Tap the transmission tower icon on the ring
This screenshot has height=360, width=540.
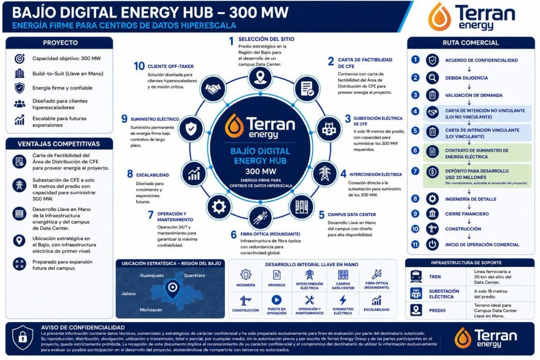click(x=324, y=173)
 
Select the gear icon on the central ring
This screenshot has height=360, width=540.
click(x=219, y=207)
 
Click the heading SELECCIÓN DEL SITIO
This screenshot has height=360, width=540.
click(x=266, y=39)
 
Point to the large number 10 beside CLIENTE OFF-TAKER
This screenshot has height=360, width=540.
click(x=139, y=66)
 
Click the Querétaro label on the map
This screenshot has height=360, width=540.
click(x=194, y=275)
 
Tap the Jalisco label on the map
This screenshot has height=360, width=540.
click(x=128, y=294)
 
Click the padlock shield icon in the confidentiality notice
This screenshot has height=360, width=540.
click(x=23, y=338)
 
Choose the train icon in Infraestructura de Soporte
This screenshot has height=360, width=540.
click(x=416, y=276)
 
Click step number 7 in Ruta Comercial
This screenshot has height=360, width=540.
click(x=415, y=171)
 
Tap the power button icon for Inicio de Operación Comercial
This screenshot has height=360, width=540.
click(x=432, y=245)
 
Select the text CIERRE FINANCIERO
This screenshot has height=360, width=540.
click(x=467, y=214)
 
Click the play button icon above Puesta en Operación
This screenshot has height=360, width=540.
click(x=277, y=300)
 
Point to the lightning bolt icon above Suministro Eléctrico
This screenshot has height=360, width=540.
click(x=343, y=300)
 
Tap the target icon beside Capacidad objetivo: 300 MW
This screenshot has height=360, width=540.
click(x=20, y=59)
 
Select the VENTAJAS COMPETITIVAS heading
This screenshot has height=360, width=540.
click(x=59, y=144)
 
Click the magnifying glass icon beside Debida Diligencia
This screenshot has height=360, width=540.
click(x=432, y=78)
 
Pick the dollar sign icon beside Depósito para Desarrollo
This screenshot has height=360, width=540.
click(x=432, y=172)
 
